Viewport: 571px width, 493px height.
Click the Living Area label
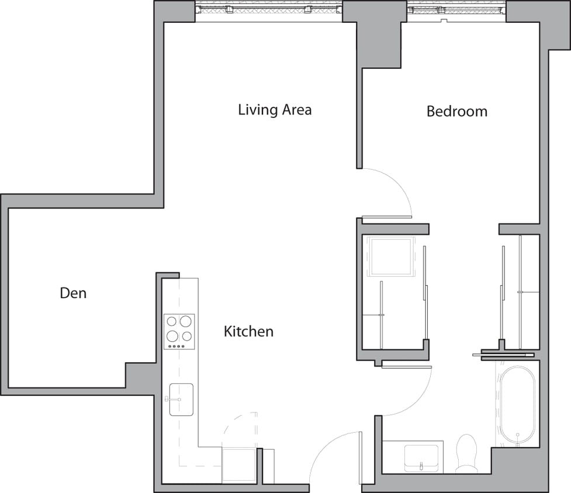pyautogui.click(x=275, y=109)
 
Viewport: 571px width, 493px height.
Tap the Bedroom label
pyautogui.click(x=456, y=111)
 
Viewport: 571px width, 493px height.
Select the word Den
pyautogui.click(x=73, y=292)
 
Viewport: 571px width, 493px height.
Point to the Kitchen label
pyautogui.click(x=248, y=331)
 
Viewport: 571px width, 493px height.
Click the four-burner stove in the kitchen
pyautogui.click(x=179, y=331)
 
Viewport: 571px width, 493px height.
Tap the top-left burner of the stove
pyautogui.click(x=172, y=321)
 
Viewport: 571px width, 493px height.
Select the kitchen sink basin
pyautogui.click(x=182, y=400)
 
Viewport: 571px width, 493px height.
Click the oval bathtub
pyautogui.click(x=517, y=404)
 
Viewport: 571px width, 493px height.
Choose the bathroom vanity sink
pyautogui.click(x=421, y=456)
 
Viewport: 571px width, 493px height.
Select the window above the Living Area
pyautogui.click(x=268, y=9)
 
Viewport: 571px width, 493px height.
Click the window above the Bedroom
pyautogui.click(x=456, y=9)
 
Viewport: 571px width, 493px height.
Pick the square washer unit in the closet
pyautogui.click(x=390, y=257)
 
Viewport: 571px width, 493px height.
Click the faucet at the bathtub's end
pyautogui.click(x=518, y=436)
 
